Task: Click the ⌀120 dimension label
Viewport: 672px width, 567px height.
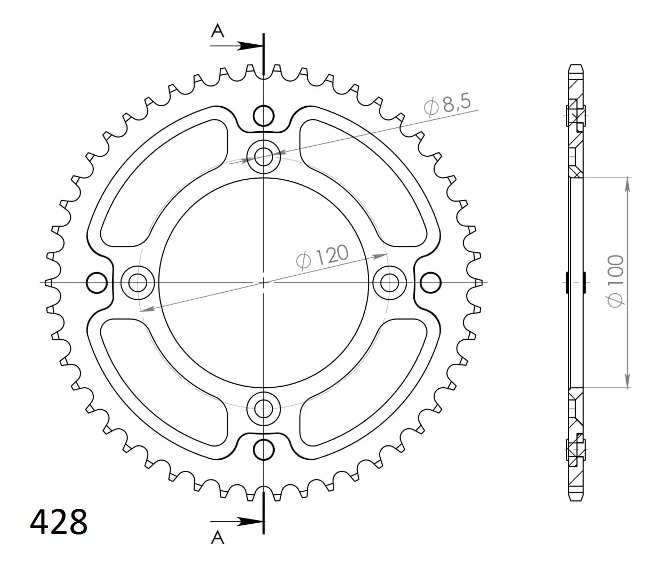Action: pyautogui.click(x=322, y=257)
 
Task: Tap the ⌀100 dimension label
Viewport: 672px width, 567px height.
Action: pyautogui.click(x=615, y=281)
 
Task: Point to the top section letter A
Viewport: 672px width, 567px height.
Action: pyautogui.click(x=218, y=31)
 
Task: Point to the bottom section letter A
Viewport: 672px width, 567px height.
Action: pyautogui.click(x=218, y=538)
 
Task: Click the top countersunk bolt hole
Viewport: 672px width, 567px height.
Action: pyautogui.click(x=263, y=157)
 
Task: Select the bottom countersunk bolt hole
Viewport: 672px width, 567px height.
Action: pyautogui.click(x=263, y=409)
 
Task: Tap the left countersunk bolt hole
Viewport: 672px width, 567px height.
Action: pyautogui.click(x=138, y=283)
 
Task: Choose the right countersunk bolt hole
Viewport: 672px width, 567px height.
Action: pyautogui.click(x=389, y=283)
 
